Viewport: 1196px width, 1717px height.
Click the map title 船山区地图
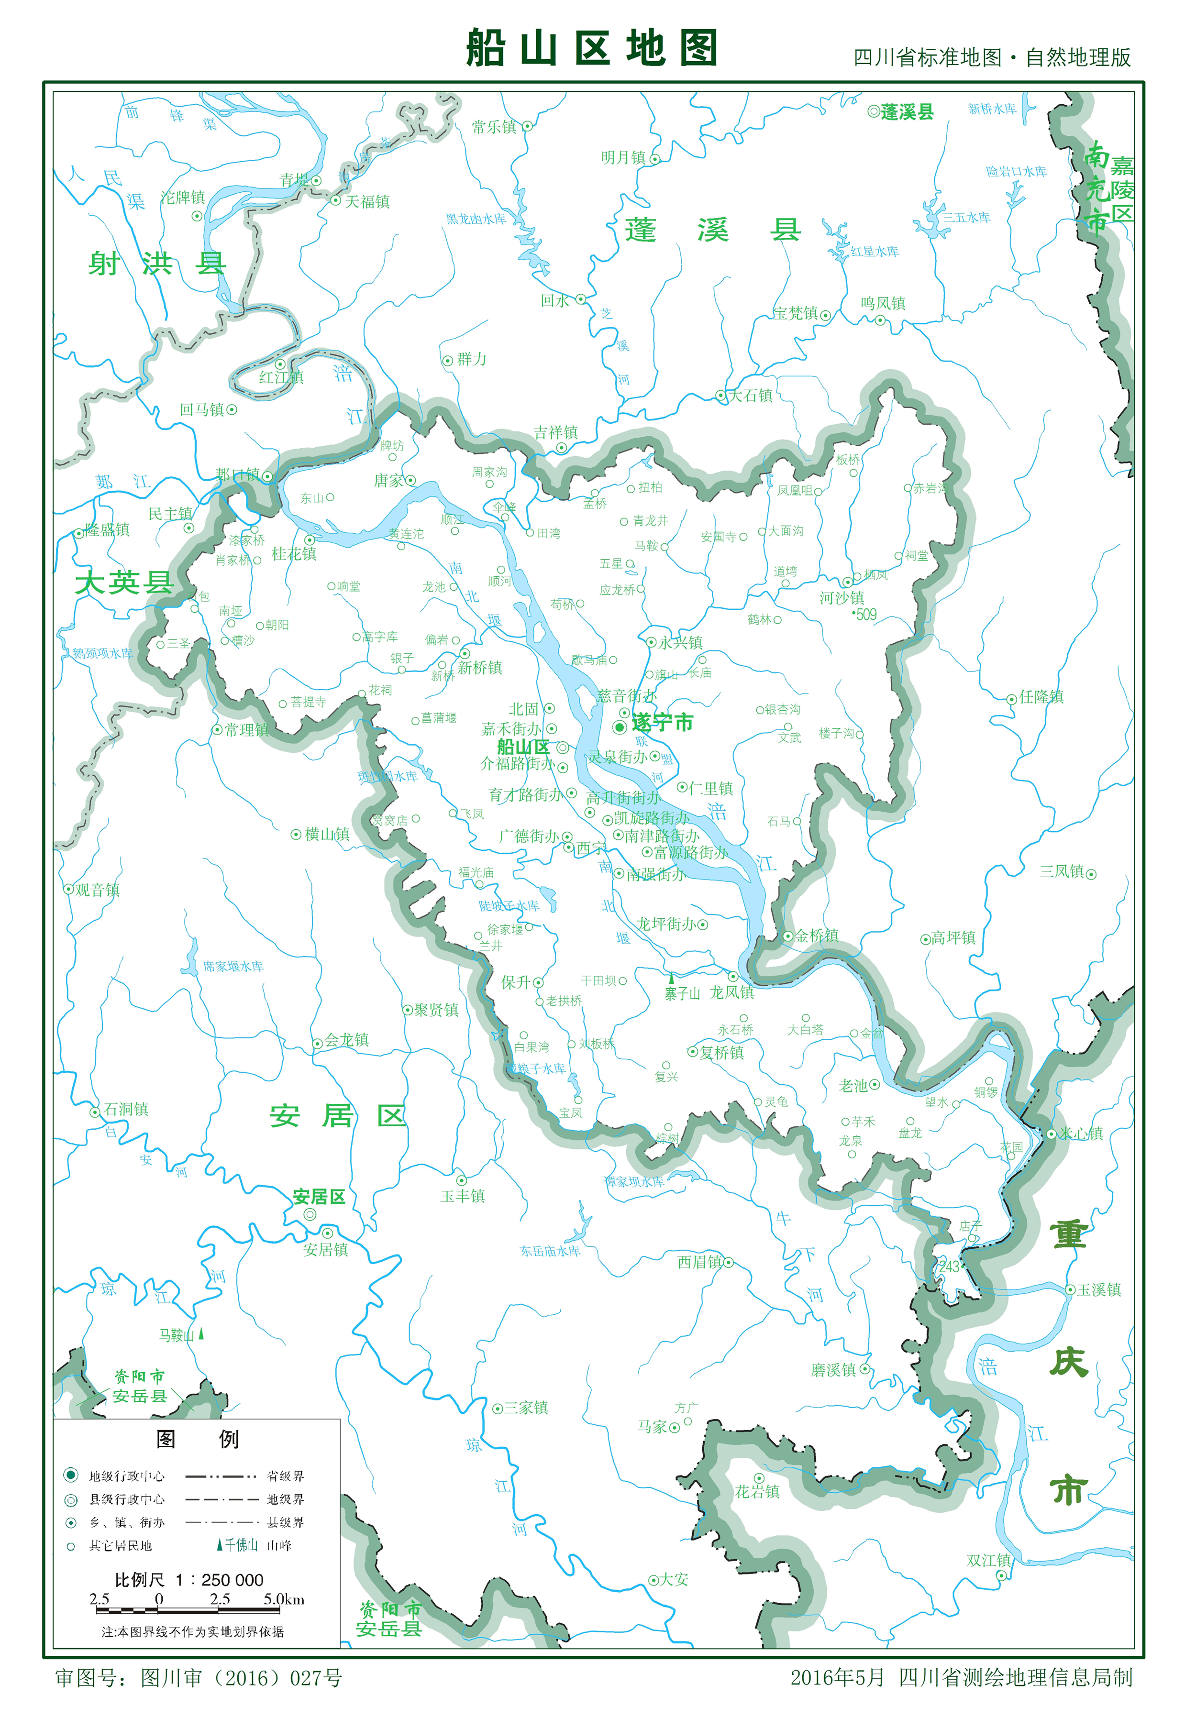(591, 49)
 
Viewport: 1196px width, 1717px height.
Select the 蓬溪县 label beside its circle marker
(907, 112)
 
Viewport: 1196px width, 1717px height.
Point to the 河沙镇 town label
(842, 597)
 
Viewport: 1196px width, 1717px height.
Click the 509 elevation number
(865, 615)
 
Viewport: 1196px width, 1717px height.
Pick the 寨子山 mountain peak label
(682, 993)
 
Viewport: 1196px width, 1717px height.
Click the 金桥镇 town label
(816, 936)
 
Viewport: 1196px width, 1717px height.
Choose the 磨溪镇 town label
(833, 1370)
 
